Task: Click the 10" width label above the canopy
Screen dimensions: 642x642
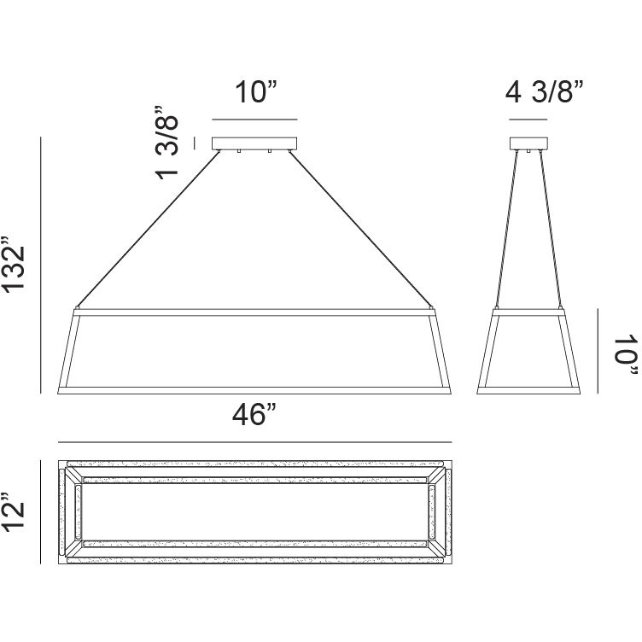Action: click(x=254, y=92)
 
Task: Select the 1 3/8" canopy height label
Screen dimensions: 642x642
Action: click(x=167, y=143)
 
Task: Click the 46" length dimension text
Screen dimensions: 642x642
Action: click(x=254, y=417)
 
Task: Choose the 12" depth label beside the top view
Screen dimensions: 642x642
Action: click(x=18, y=511)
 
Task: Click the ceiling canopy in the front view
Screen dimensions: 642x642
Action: click(x=254, y=144)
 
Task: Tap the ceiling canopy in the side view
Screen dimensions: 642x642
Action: click(x=528, y=144)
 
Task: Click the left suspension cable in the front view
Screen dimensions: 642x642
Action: click(x=145, y=227)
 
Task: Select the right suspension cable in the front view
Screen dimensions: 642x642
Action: click(x=363, y=227)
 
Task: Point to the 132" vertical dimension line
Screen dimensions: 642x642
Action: click(x=42, y=265)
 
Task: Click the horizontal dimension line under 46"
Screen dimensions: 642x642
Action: click(x=254, y=442)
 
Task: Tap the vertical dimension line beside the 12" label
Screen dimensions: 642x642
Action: click(x=42, y=511)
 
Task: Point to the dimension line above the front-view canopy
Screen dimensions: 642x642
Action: click(x=254, y=119)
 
